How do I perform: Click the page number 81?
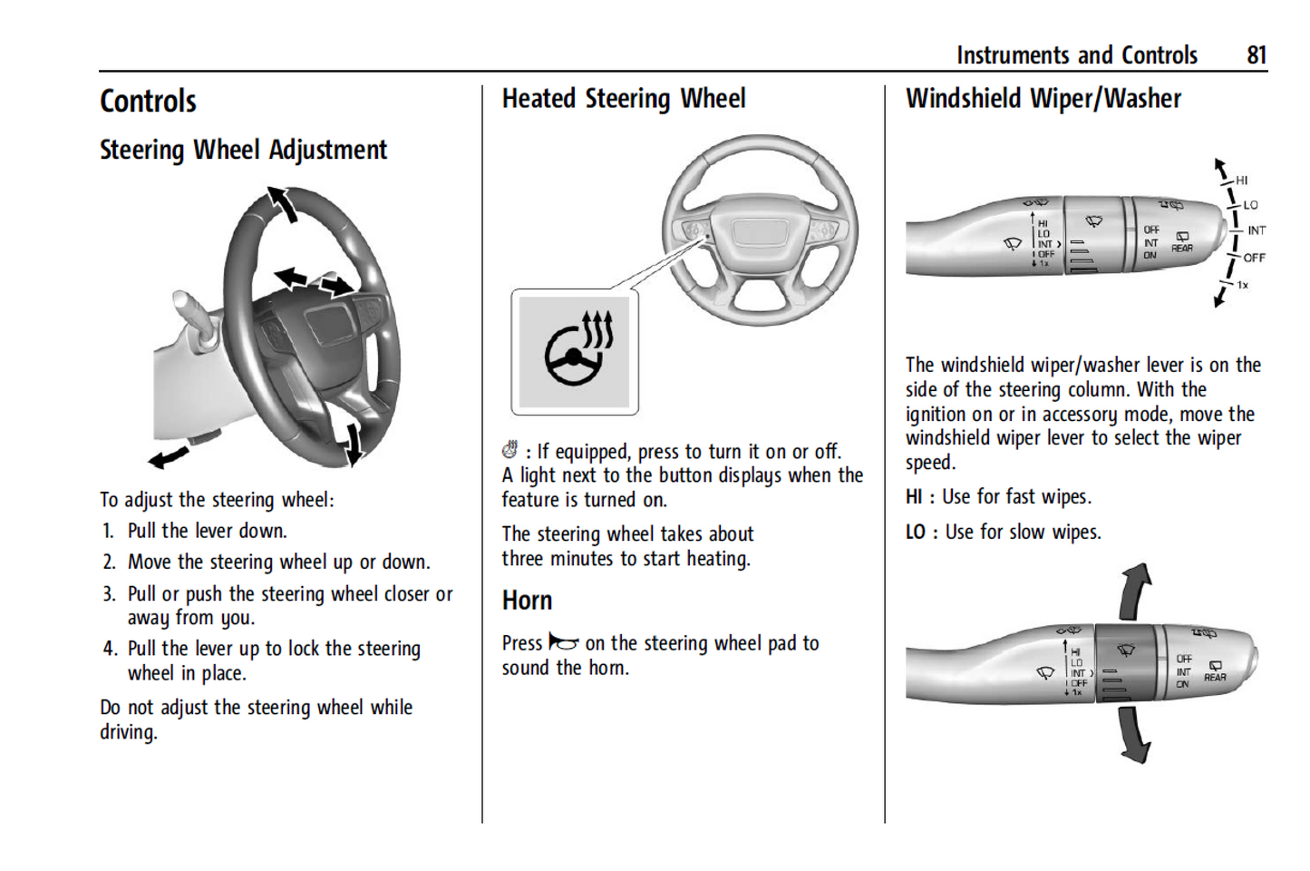(1256, 55)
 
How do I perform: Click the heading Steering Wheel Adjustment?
(243, 150)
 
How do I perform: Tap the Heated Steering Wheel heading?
(624, 99)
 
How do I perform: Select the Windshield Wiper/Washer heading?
(1043, 99)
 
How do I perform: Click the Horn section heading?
(527, 601)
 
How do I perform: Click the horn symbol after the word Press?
(563, 643)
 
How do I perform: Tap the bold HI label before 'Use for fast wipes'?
(914, 497)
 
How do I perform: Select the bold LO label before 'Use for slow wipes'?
(915, 533)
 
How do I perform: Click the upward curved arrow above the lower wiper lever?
(1135, 591)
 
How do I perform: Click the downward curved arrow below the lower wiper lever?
(1133, 735)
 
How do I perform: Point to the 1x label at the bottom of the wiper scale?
(1242, 285)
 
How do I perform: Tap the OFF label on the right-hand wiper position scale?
(1254, 258)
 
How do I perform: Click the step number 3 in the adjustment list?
(109, 594)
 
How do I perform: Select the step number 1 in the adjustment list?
(108, 531)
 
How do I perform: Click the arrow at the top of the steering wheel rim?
(283, 203)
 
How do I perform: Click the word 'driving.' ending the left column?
(129, 732)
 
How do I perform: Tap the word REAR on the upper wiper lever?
(1182, 248)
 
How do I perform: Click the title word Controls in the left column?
(148, 101)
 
